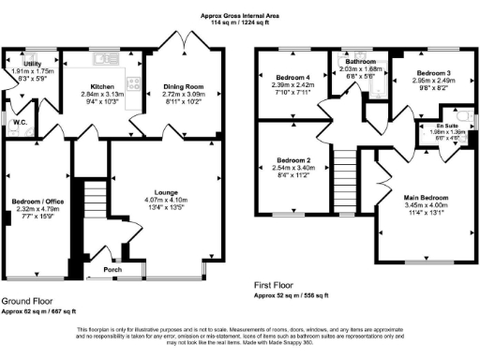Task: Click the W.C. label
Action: coord(16,121)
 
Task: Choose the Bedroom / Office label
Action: coord(32,202)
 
